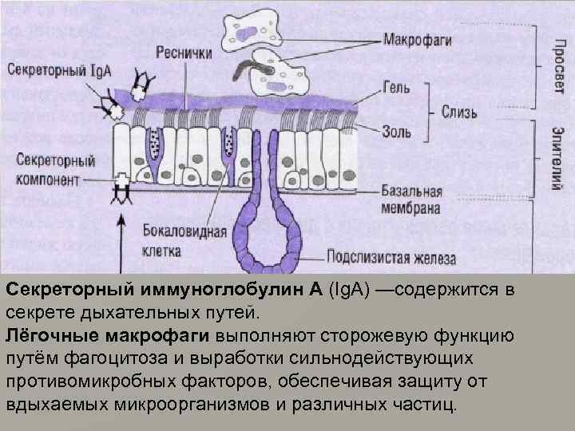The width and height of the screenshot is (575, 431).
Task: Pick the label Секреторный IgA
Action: pyautogui.click(x=59, y=69)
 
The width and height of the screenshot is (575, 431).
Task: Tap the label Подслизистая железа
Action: pyautogui.click(x=391, y=257)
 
